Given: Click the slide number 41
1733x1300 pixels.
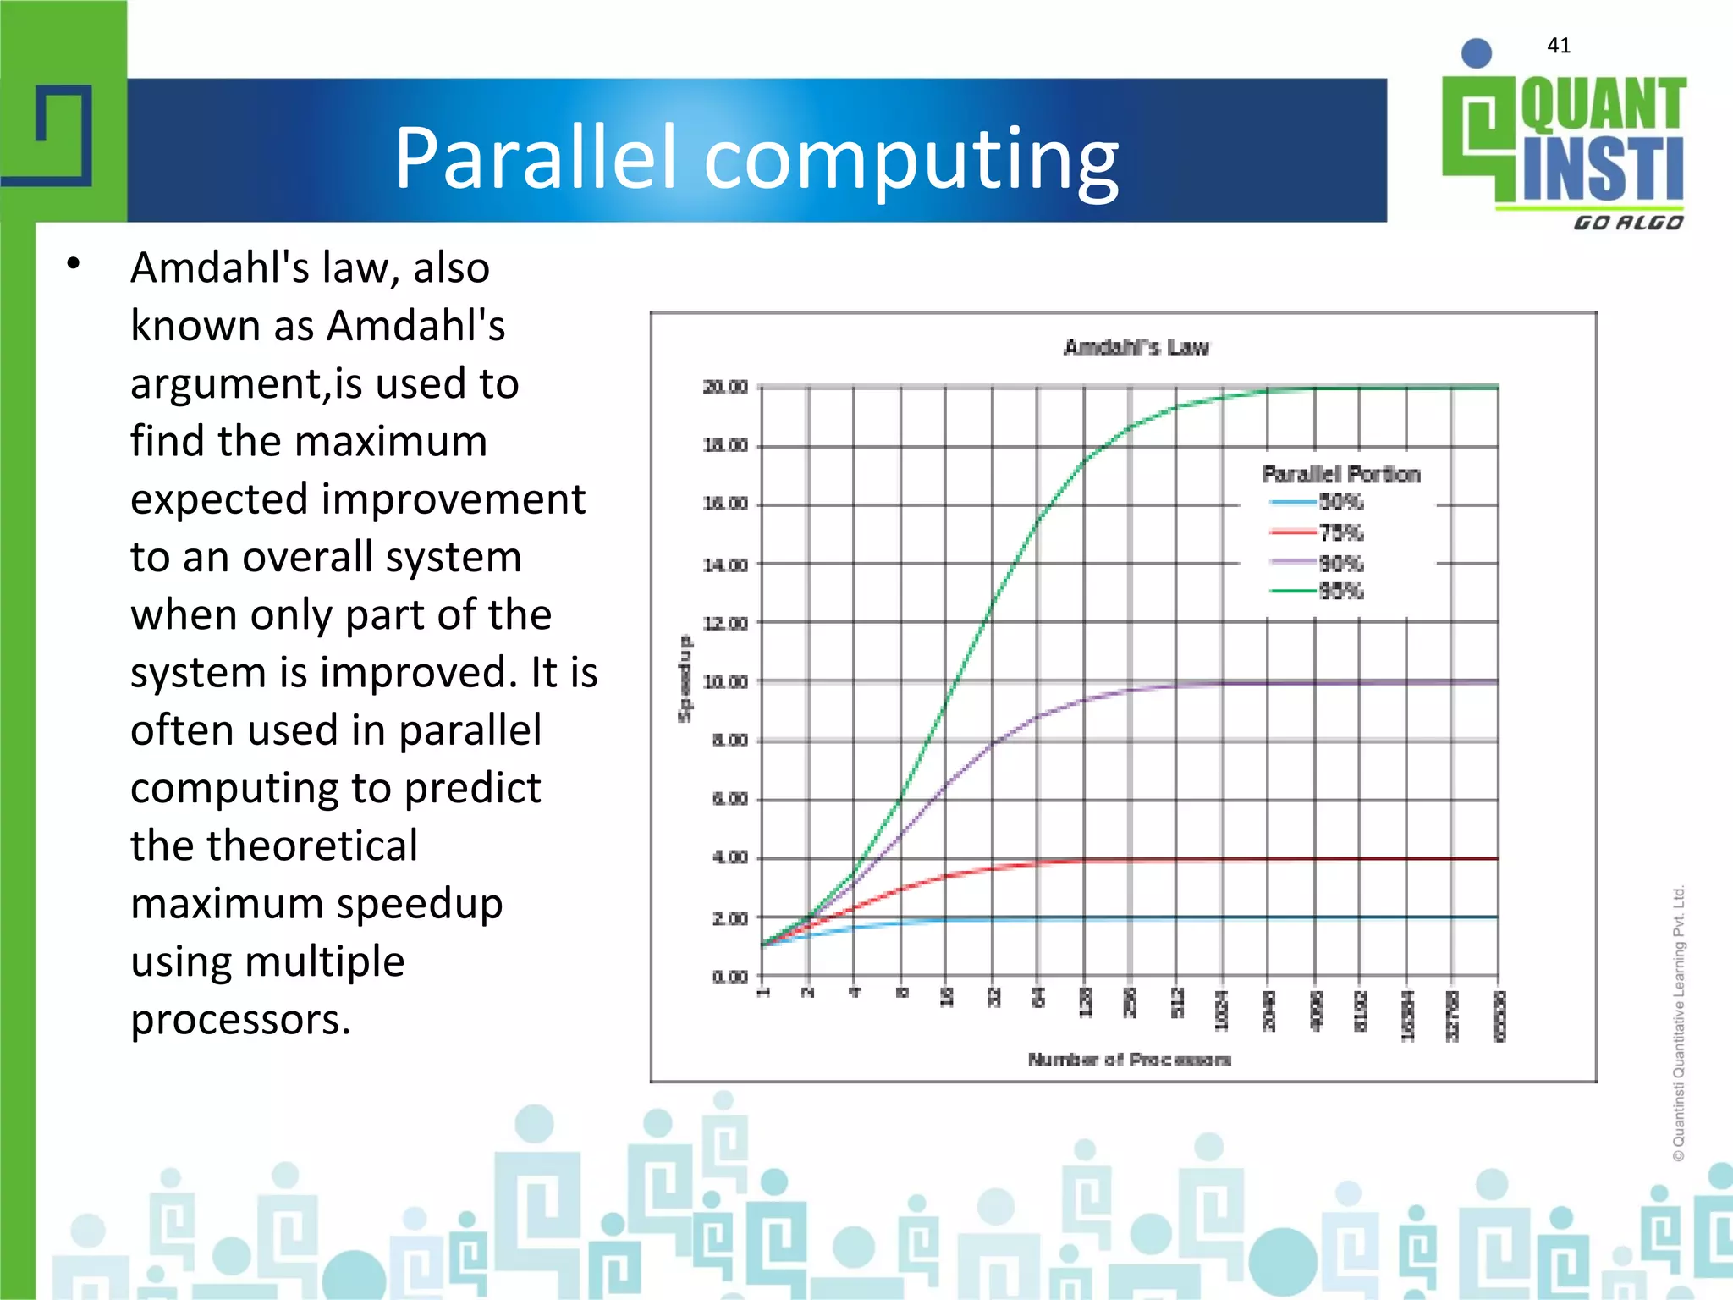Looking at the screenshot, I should coord(1558,46).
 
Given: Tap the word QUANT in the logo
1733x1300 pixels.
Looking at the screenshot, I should coord(1603,105).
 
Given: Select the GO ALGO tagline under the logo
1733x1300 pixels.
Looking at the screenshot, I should coord(1627,223).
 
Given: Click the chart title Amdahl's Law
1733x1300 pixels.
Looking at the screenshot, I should coord(1136,347).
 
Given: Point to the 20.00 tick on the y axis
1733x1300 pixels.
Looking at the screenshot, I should coord(725,387).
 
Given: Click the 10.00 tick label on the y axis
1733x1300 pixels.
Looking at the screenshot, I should coord(725,681).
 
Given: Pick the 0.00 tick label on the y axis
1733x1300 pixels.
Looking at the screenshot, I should coord(729,977).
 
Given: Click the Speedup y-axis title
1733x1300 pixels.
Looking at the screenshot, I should coord(685,678).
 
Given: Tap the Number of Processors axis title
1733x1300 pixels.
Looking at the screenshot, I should coord(1129,1060).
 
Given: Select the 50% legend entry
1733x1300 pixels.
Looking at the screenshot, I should coord(1340,503).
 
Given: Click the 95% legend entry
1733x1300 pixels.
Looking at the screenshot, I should coord(1340,591).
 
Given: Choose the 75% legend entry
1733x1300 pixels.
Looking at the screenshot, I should coord(1340,532).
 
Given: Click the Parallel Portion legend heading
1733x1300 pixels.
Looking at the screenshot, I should coord(1340,474).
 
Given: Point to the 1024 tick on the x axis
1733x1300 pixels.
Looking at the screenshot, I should coord(1221,1011).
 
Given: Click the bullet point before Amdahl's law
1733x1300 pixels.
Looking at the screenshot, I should coord(74,264).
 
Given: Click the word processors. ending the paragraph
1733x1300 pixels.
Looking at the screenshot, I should coord(240,1019).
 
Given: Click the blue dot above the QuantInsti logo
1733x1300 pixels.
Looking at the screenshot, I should coord(1476,53).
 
